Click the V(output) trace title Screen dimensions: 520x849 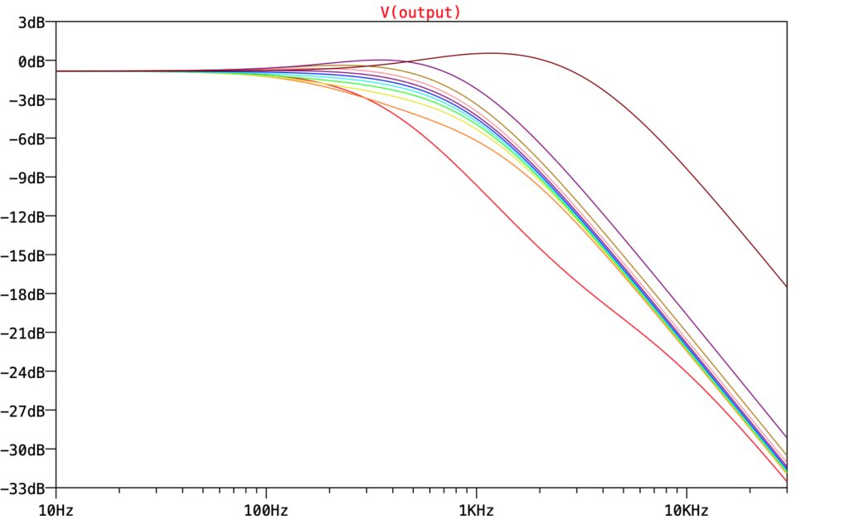tap(420, 12)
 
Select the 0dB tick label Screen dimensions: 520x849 tap(32, 61)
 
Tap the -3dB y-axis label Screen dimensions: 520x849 tap(29, 100)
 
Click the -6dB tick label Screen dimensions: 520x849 tap(29, 139)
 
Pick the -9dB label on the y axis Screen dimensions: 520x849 tap(29, 177)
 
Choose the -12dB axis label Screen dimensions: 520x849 tap(26, 216)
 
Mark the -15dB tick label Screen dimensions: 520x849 tap(26, 255)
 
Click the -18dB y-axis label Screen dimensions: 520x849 tap(26, 294)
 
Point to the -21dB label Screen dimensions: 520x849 tap(26, 333)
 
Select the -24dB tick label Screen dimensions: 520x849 tap(26, 372)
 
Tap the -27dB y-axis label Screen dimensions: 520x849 tap(26, 411)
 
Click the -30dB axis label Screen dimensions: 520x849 tap(26, 450)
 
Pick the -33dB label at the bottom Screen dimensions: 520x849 tap(26, 488)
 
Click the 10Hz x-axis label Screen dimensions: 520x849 tap(56, 508)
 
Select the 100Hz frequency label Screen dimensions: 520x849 tap(266, 508)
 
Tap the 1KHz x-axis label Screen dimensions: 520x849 tap(476, 508)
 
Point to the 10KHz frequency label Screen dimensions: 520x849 tap(686, 508)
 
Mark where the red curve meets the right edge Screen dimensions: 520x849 tap(786, 481)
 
